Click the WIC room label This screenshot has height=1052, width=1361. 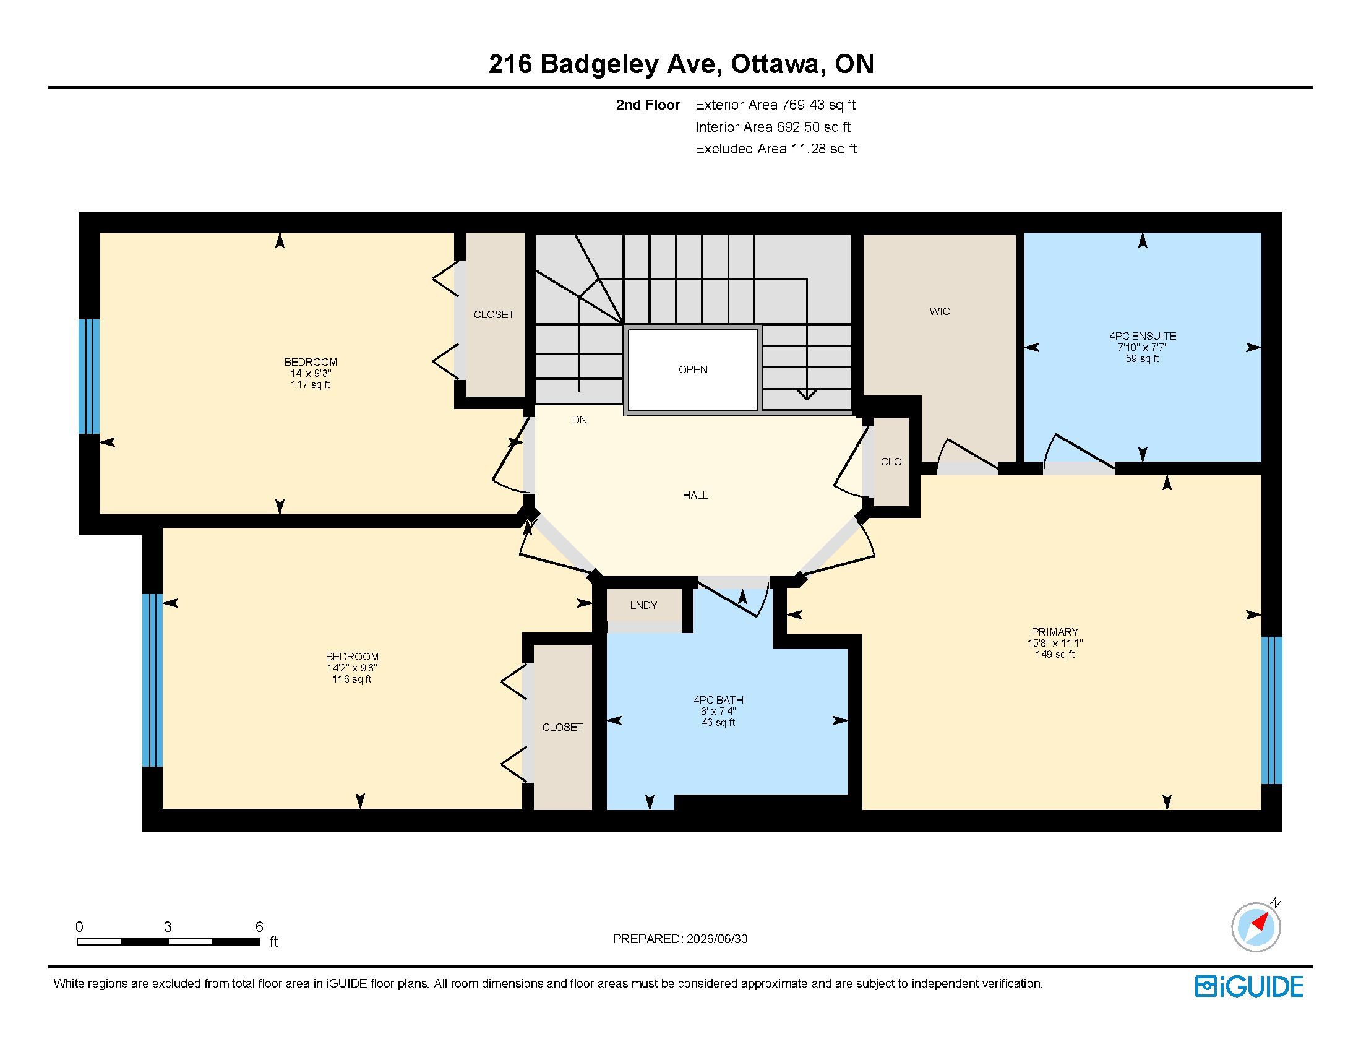pos(940,312)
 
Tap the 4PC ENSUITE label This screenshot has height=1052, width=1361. pos(1142,336)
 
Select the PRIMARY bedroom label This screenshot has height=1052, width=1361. pos(1054,631)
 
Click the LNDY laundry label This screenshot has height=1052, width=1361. pos(644,605)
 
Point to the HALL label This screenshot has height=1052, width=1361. pos(695,496)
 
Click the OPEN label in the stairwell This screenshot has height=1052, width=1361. pos(693,369)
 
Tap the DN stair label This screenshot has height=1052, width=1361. pos(580,420)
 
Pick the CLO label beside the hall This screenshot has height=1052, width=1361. pos(891,462)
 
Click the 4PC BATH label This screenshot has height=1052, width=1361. pos(718,700)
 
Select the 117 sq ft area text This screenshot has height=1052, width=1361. pos(311,384)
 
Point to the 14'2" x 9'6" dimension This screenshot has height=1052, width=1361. pos(352,668)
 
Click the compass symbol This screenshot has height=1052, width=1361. pos(1256,927)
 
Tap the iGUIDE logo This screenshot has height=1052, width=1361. pos(1249,986)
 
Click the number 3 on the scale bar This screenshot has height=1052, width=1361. pos(168,927)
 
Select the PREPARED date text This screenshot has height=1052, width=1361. pos(680,939)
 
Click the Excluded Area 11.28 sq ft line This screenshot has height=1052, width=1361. pos(776,149)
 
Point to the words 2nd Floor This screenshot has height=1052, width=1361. pos(648,105)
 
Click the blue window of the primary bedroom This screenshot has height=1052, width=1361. pos(1272,710)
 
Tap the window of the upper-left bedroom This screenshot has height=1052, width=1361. pos(88,376)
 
